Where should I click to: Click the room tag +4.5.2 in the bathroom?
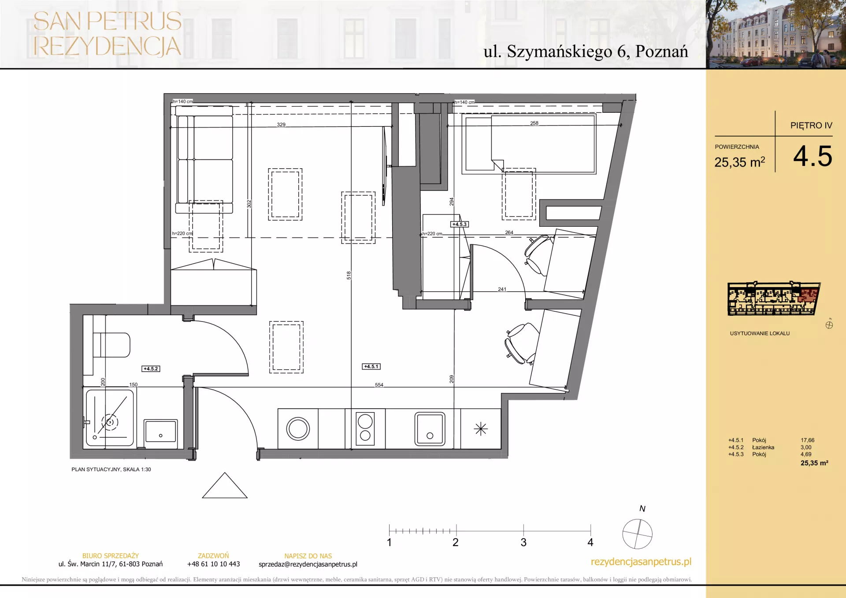pos(151,369)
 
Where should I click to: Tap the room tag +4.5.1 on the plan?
pos(371,366)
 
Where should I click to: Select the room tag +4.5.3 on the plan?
pos(460,224)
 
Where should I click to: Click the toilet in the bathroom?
pos(111,344)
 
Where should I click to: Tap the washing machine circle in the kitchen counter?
pos(298,429)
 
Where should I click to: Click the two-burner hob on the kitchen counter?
pos(365,428)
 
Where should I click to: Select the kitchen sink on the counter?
pos(430,429)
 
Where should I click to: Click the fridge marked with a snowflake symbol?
pos(481,429)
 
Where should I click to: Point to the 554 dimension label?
pos(379,385)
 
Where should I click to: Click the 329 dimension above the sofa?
pos(281,125)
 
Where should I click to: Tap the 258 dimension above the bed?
pos(534,123)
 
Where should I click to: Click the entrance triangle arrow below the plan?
pos(225,485)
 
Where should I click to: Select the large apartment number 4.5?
pos(813,156)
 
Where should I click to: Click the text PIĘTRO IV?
pos(811,126)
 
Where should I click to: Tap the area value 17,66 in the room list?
pos(807,440)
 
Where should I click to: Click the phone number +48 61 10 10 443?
pos(213,564)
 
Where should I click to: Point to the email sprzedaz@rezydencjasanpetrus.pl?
pos(308,564)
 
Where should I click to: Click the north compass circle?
pos(637,534)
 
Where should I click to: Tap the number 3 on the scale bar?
pos(523,543)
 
